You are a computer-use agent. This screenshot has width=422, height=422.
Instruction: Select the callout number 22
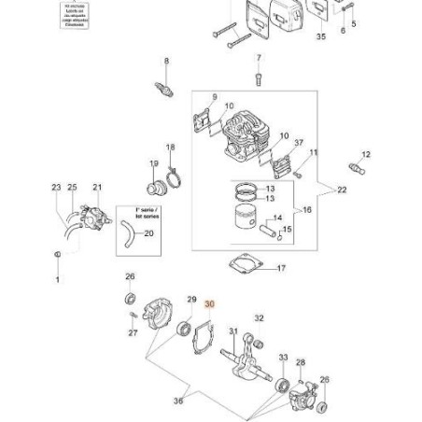(342, 190)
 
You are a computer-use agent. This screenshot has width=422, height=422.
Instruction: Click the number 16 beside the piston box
(307, 210)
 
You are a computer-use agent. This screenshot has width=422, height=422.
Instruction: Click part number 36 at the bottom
(178, 401)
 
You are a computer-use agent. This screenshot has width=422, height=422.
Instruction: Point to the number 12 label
(366, 154)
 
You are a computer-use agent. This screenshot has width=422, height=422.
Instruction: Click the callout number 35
(321, 36)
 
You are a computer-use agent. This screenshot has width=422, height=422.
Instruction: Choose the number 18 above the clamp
(170, 147)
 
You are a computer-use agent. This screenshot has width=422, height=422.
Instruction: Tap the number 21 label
(97, 188)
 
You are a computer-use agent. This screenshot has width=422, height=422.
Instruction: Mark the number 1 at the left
(57, 279)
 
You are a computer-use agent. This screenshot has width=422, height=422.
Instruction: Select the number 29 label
(191, 300)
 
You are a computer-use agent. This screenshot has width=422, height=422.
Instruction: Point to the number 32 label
(259, 318)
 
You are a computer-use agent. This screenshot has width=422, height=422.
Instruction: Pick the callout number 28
(301, 362)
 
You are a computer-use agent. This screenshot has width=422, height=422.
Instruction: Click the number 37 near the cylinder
(299, 143)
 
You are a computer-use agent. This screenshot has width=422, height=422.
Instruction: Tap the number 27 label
(133, 332)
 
